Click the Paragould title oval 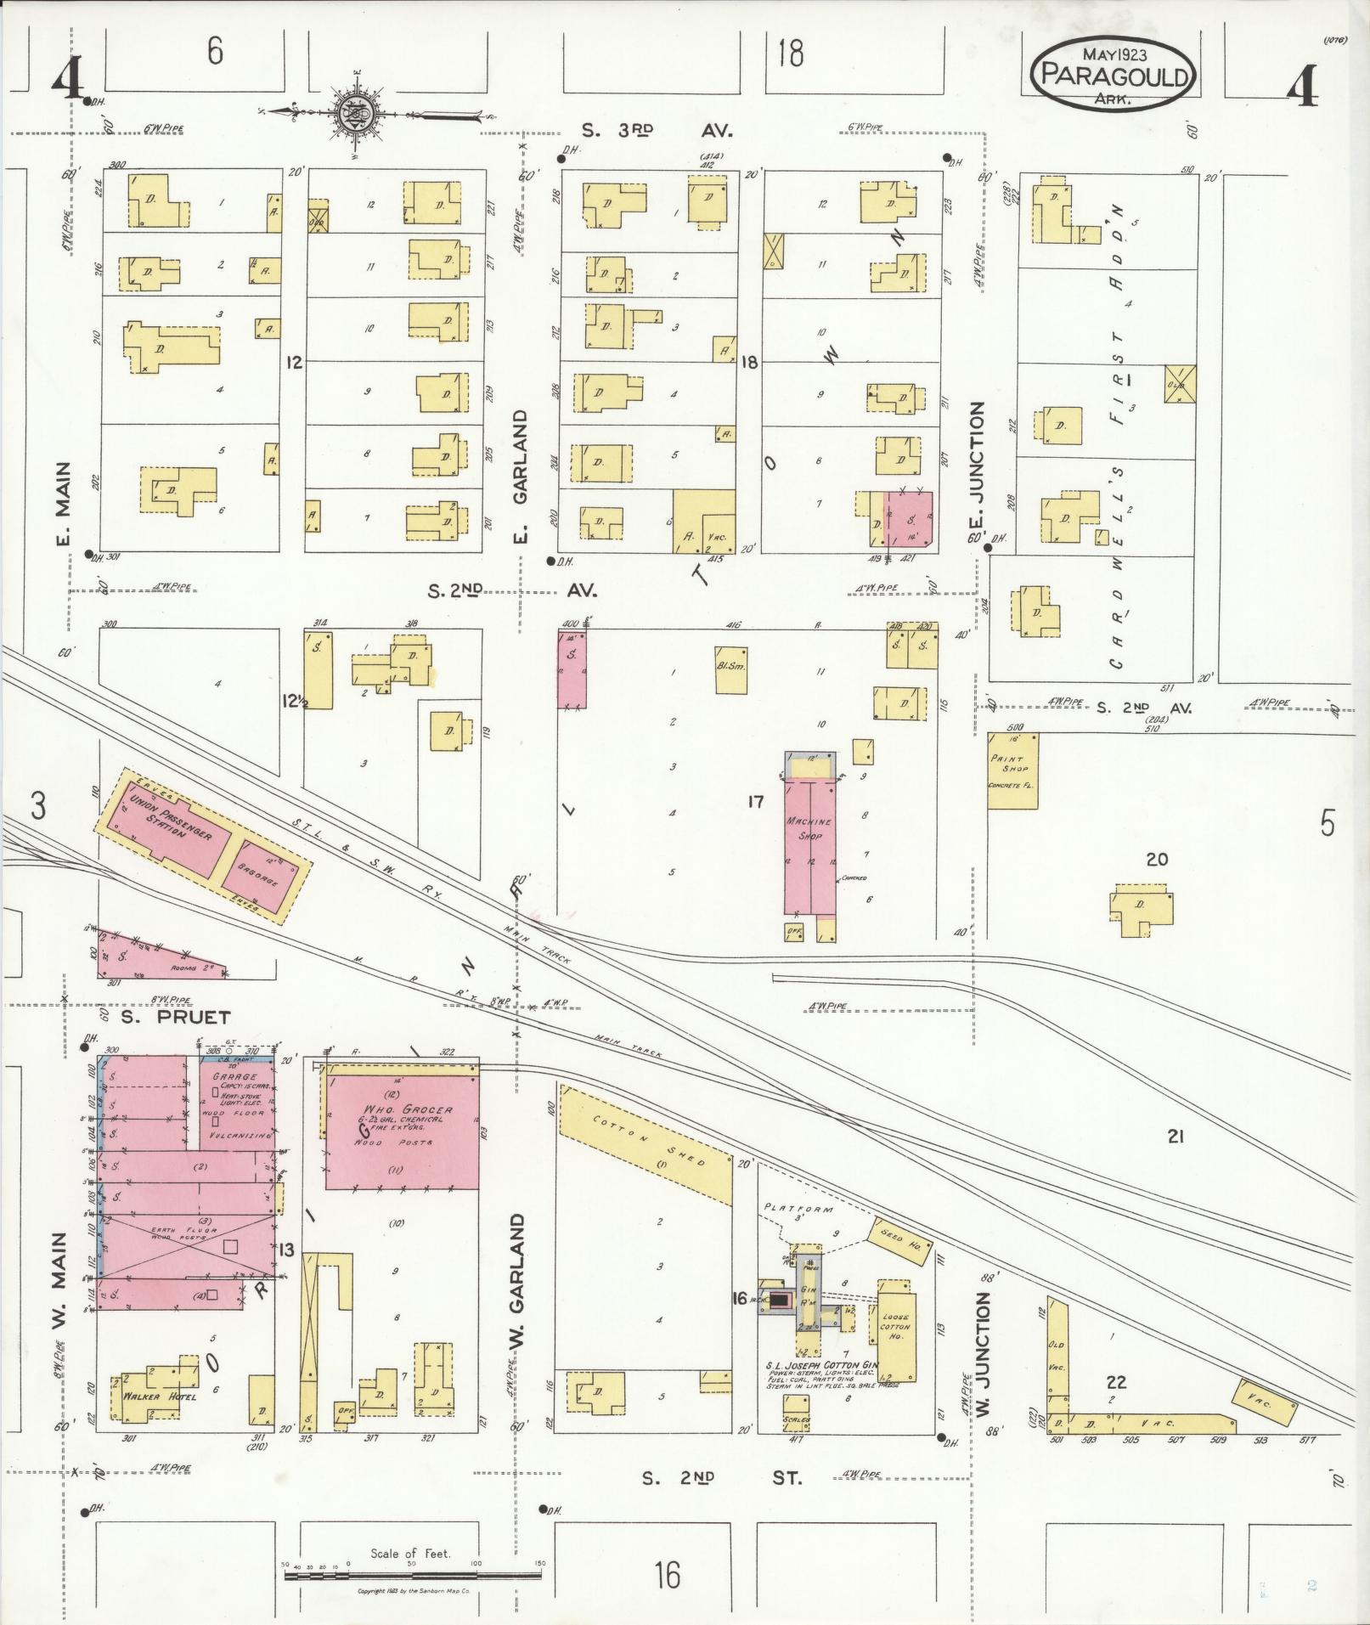click(1114, 76)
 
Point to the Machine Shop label click(809, 828)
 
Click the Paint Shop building click(1012, 770)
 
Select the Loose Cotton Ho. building click(896, 1343)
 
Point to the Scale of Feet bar click(413, 1575)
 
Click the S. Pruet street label click(175, 1017)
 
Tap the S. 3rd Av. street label click(657, 131)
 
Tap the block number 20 click(1156, 860)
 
